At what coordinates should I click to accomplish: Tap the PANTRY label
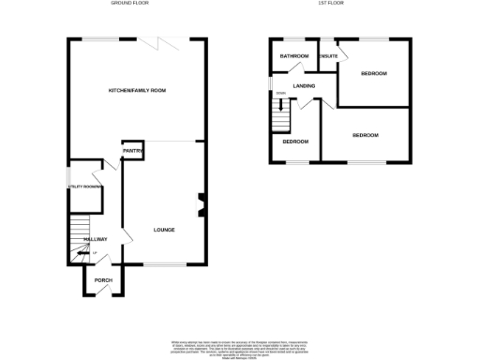pyautogui.click(x=131, y=151)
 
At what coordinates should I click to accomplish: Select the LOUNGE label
pyautogui.click(x=164, y=230)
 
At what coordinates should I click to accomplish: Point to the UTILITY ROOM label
pyautogui.click(x=84, y=187)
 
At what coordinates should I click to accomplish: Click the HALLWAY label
pyautogui.click(x=96, y=239)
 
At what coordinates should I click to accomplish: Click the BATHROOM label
pyautogui.click(x=293, y=57)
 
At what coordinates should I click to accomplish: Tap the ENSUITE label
pyautogui.click(x=328, y=57)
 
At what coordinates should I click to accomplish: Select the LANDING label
pyautogui.click(x=304, y=86)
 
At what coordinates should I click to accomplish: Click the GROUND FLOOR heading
pyautogui.click(x=131, y=4)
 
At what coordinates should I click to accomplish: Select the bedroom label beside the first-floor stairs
pyautogui.click(x=295, y=142)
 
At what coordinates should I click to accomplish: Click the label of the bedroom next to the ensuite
pyautogui.click(x=374, y=74)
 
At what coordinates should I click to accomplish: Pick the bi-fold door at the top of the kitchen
pyautogui.click(x=167, y=41)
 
